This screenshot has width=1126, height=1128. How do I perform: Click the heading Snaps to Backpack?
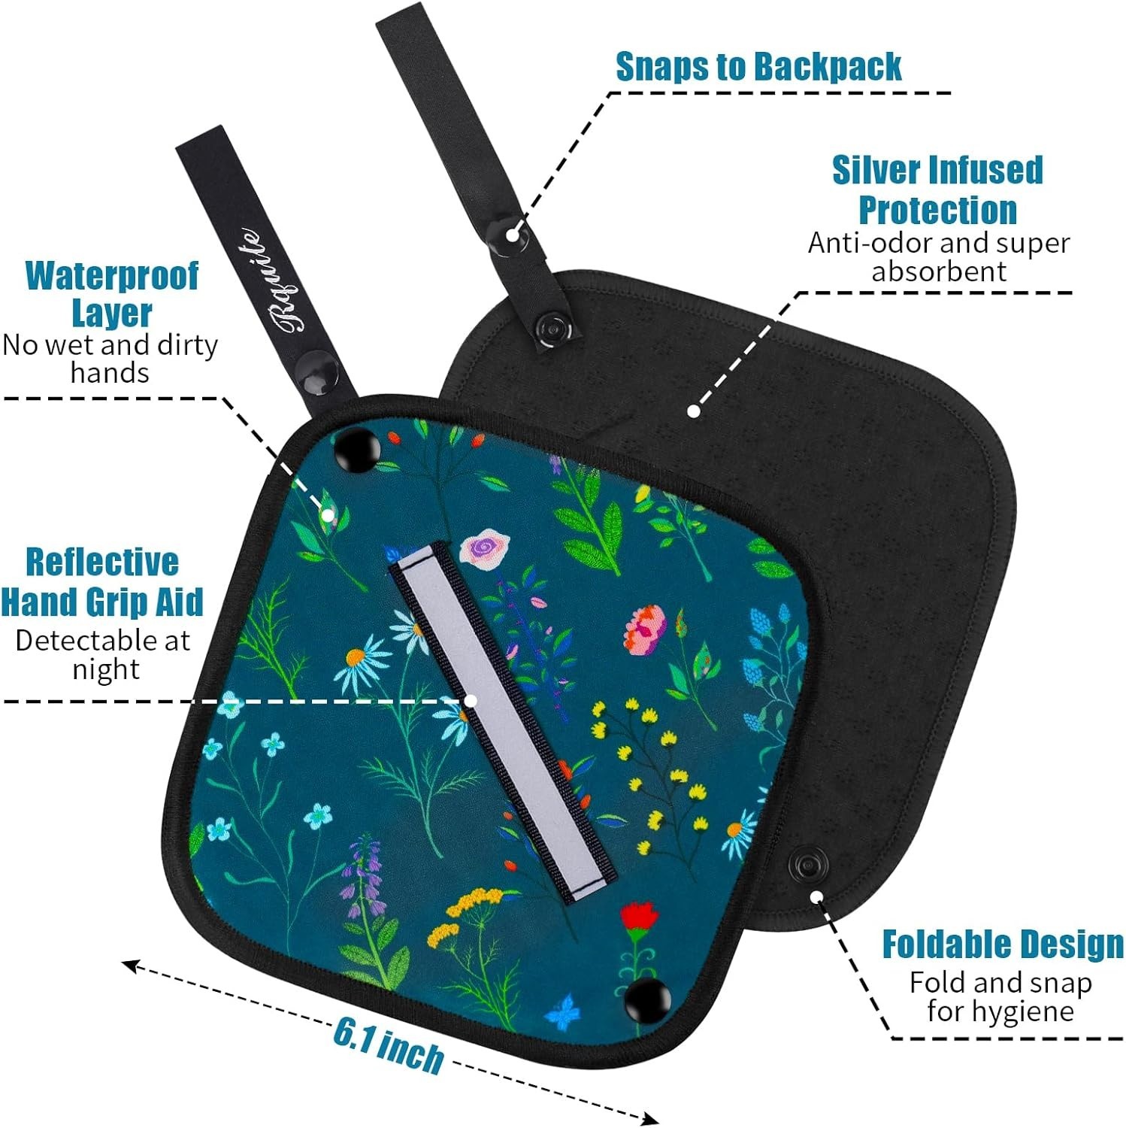(x=758, y=66)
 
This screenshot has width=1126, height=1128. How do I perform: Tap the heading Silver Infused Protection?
(x=937, y=190)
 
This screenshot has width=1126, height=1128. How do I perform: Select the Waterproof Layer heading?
(x=111, y=294)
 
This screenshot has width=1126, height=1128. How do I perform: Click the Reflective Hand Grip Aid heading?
(x=102, y=582)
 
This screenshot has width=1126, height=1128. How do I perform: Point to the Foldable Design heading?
(x=1003, y=945)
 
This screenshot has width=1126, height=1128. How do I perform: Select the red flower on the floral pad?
(x=640, y=919)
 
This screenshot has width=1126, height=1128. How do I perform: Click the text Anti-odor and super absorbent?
(x=939, y=256)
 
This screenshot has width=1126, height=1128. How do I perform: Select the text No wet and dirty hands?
(x=110, y=359)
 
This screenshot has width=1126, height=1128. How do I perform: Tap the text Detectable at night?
(x=104, y=654)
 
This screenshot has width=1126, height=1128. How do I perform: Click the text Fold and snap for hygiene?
(x=1000, y=996)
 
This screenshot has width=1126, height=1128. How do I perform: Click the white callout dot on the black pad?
(x=694, y=411)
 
